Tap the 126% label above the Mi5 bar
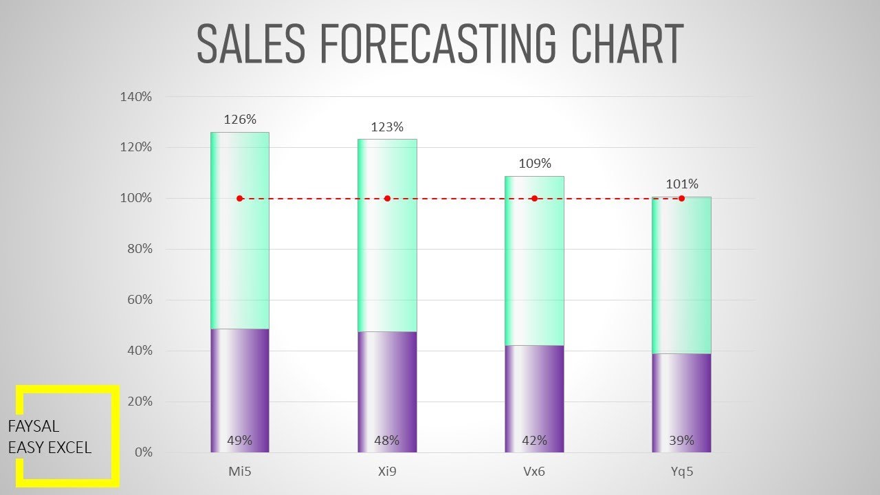point(240,120)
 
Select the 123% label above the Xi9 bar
point(387,127)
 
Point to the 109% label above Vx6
point(535,164)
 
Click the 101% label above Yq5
point(682,184)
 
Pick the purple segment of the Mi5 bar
point(240,385)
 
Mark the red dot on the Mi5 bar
point(240,199)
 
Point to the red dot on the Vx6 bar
point(534,199)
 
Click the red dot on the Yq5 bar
point(681,199)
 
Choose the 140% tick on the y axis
point(135,97)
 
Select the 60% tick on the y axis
point(139,300)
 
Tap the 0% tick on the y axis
point(143,452)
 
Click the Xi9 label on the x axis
point(387,472)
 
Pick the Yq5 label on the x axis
point(682,472)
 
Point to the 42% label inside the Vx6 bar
point(535,441)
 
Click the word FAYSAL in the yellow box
point(34,427)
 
